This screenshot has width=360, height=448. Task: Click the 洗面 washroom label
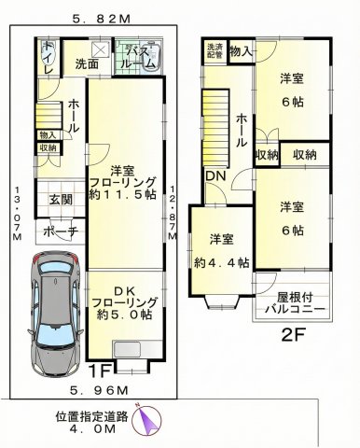pyautogui.click(x=88, y=65)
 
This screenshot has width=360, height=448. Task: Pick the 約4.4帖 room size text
pyautogui.click(x=221, y=263)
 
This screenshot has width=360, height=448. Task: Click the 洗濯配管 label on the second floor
pyautogui.click(x=215, y=50)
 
